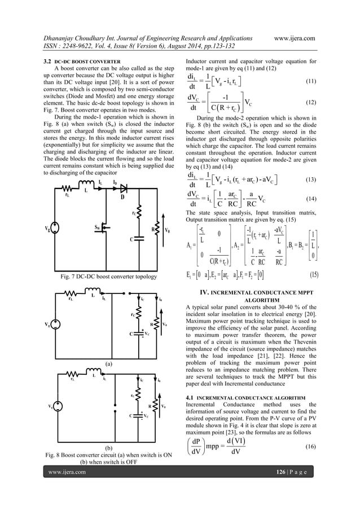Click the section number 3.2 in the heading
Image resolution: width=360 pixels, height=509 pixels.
[x=49, y=60]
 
